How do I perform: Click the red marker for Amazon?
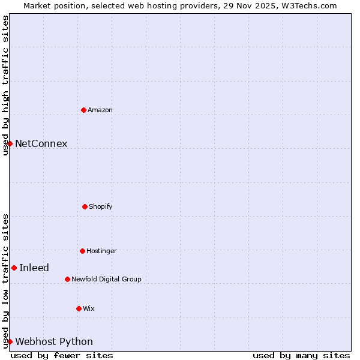click(83, 110)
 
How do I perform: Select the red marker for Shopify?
click(85, 206)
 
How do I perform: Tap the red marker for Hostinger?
click(82, 251)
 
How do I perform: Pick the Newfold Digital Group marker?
click(67, 279)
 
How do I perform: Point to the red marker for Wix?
click(79, 308)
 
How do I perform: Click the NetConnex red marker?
click(10, 143)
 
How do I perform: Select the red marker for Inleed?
click(14, 268)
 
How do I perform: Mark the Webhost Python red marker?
click(10, 341)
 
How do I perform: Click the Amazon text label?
click(100, 110)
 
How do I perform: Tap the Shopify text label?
click(101, 206)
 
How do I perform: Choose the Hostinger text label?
click(101, 251)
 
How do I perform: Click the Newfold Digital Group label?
click(106, 279)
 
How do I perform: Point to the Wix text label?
click(89, 308)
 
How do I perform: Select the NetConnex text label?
click(41, 143)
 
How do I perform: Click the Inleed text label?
click(34, 268)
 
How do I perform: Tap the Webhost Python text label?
click(54, 341)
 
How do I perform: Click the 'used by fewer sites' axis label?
click(62, 355)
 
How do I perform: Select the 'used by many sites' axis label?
click(301, 355)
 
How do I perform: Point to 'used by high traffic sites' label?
click(5, 85)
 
